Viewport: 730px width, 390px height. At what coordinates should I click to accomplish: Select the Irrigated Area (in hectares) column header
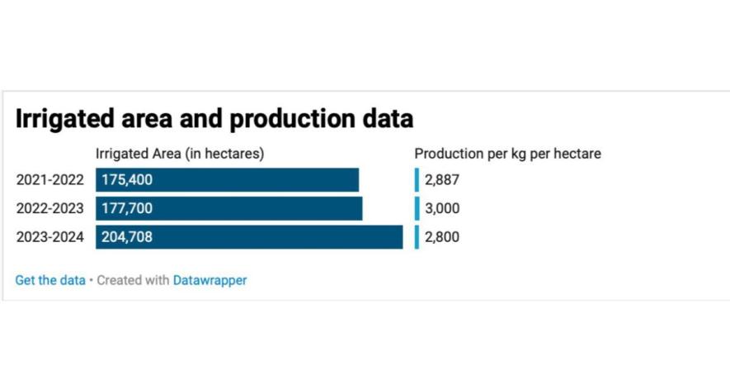click(180, 154)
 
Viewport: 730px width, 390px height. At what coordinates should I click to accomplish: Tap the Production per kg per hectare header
click(507, 154)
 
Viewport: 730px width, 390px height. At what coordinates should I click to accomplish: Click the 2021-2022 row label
click(50, 180)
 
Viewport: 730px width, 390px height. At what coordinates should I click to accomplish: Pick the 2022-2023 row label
click(50, 208)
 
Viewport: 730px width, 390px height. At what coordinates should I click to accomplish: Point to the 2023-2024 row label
click(50, 237)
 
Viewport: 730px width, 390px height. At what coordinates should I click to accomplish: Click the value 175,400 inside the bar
click(127, 180)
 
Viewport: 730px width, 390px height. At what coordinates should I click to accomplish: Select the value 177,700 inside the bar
click(127, 208)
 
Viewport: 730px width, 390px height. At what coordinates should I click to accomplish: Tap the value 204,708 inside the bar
click(127, 237)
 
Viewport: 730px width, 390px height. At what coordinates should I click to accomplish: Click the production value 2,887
click(442, 180)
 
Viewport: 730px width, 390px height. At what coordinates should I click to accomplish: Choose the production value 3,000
click(442, 208)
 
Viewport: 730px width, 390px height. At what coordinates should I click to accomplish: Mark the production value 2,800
click(442, 237)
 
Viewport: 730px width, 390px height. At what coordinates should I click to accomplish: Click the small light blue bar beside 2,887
click(417, 180)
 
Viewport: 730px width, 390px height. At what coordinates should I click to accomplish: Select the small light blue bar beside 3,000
click(417, 208)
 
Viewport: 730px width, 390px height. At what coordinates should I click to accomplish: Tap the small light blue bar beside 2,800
click(417, 237)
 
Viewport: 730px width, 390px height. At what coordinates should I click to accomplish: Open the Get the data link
click(50, 280)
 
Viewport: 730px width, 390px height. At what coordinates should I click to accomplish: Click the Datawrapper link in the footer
click(210, 280)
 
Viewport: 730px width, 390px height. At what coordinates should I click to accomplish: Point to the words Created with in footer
click(133, 280)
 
